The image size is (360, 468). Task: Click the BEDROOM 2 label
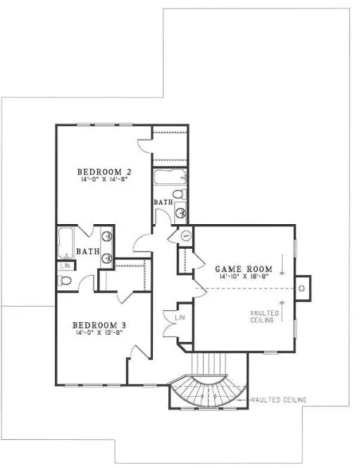(x=104, y=171)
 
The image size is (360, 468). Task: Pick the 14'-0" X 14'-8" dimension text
(x=104, y=180)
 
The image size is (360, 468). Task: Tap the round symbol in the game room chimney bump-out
(x=302, y=288)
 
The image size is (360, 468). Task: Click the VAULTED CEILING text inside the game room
(x=265, y=316)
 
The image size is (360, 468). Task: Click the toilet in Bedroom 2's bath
(x=179, y=192)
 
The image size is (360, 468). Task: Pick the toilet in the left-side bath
(x=66, y=281)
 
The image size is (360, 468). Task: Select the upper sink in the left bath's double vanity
(x=108, y=238)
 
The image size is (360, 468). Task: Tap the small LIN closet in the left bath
(x=65, y=266)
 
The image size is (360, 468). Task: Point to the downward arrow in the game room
(x=283, y=266)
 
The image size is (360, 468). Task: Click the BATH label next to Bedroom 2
(x=163, y=203)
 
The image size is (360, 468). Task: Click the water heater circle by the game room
(x=185, y=235)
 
